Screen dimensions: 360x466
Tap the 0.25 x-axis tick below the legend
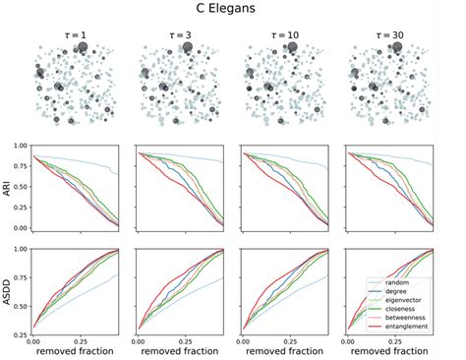(391, 340)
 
